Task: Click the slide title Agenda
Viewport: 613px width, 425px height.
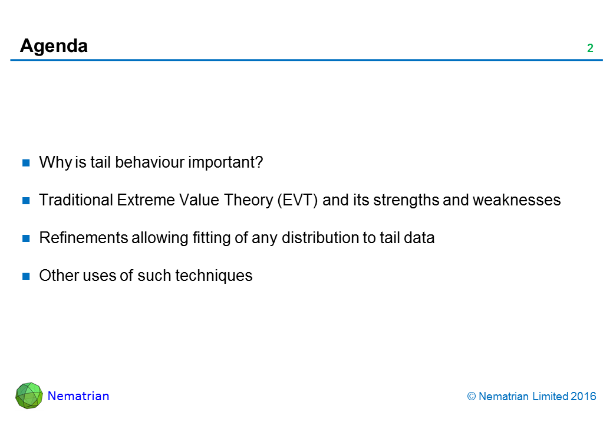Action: [54, 47]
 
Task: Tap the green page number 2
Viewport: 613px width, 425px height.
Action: [591, 48]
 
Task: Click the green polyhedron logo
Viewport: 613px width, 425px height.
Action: [29, 395]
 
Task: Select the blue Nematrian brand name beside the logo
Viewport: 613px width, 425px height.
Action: [78, 396]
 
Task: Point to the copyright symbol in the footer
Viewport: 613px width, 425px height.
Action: [472, 397]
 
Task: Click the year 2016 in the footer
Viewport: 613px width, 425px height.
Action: [584, 397]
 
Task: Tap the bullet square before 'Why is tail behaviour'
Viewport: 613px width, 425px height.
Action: [26, 163]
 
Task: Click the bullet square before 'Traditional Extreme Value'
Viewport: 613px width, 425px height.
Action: [26, 201]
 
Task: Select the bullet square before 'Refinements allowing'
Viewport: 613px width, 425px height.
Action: [26, 238]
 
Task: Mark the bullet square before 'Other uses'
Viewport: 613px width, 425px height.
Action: [26, 276]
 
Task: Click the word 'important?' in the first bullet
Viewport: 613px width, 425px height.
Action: [226, 163]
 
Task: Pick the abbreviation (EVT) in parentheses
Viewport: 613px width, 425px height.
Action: [298, 200]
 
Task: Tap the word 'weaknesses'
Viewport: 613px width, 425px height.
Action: [517, 200]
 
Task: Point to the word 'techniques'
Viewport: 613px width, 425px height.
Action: [214, 276]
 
